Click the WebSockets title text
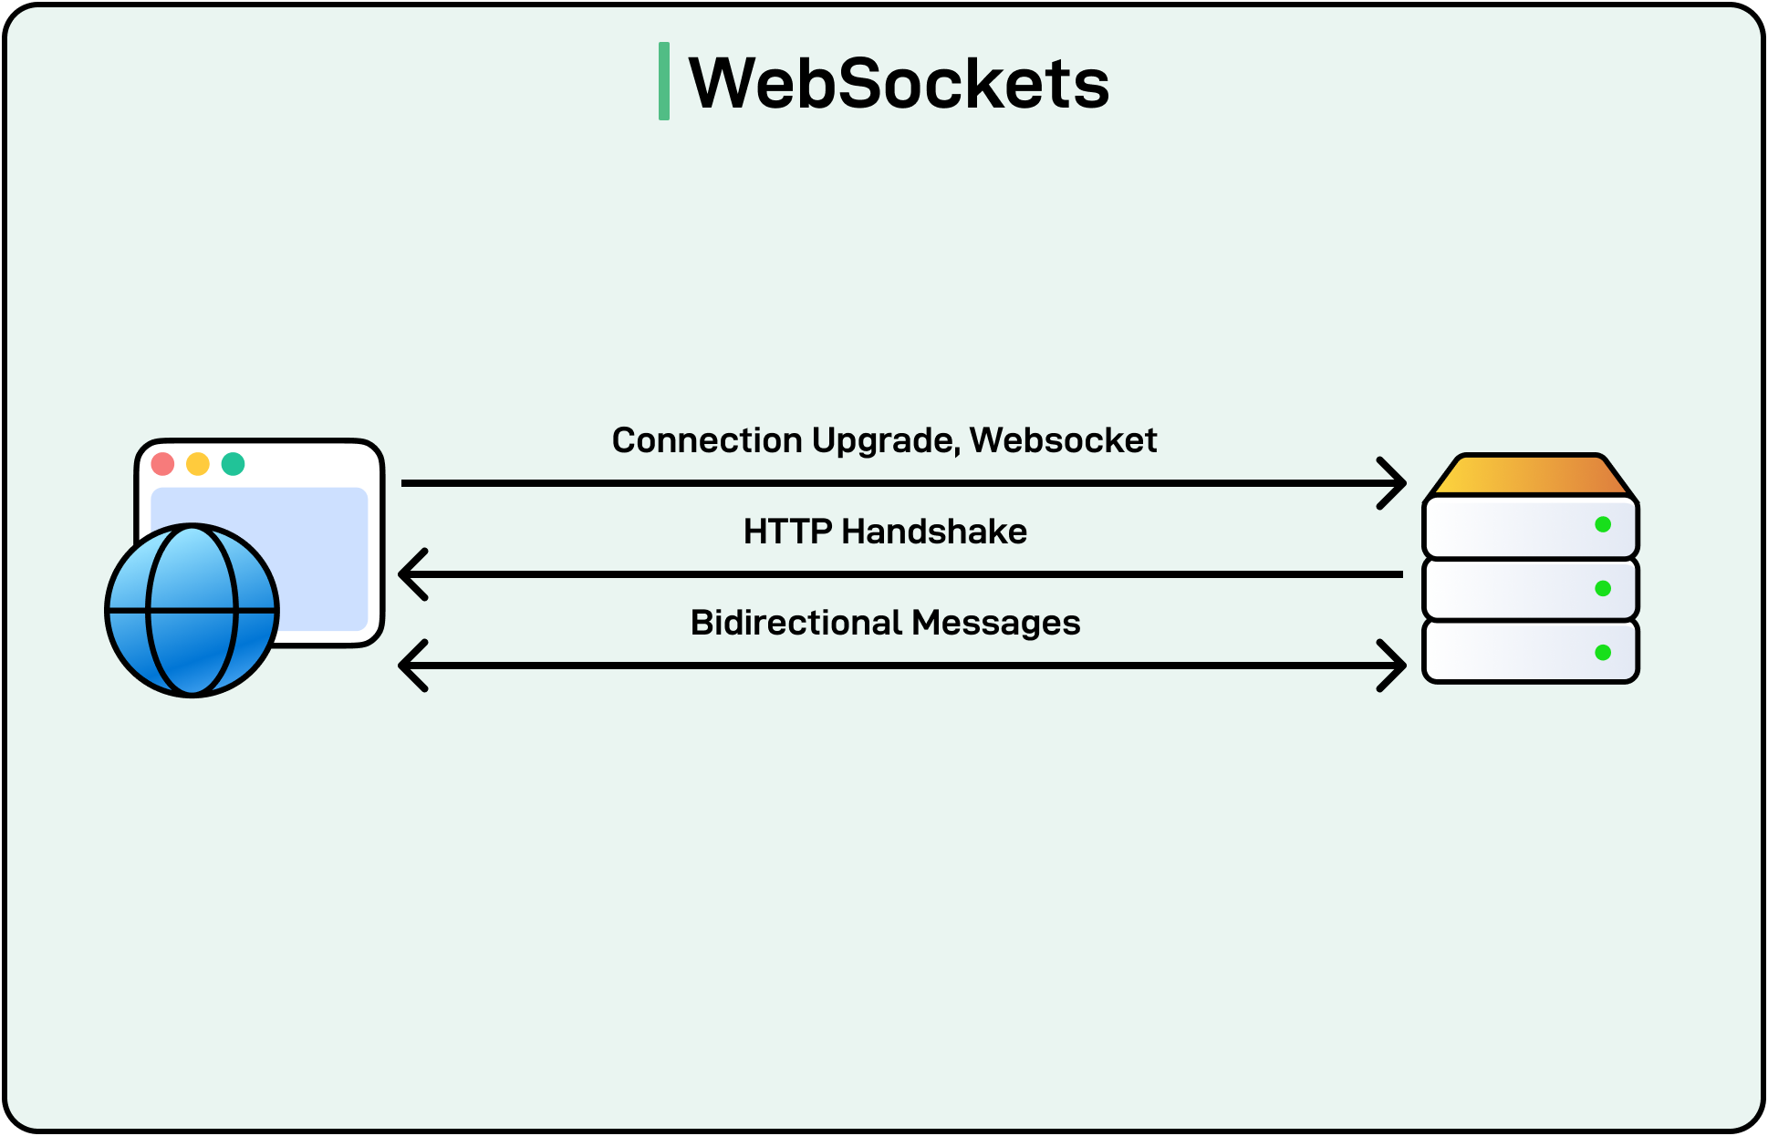(x=899, y=83)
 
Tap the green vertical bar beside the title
(x=664, y=81)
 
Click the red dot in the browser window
(x=163, y=464)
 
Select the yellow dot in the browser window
(x=198, y=464)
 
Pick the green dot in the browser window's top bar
(x=234, y=464)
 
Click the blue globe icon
(x=192, y=610)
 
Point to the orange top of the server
(x=1531, y=476)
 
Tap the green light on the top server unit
(x=1603, y=524)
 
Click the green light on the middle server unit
(x=1603, y=588)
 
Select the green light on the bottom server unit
(x=1603, y=653)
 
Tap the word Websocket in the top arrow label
(x=1063, y=440)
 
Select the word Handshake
(x=934, y=532)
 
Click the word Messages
(x=995, y=623)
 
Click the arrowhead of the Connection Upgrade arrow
(x=1395, y=483)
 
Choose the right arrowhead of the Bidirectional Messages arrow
(x=1395, y=666)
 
